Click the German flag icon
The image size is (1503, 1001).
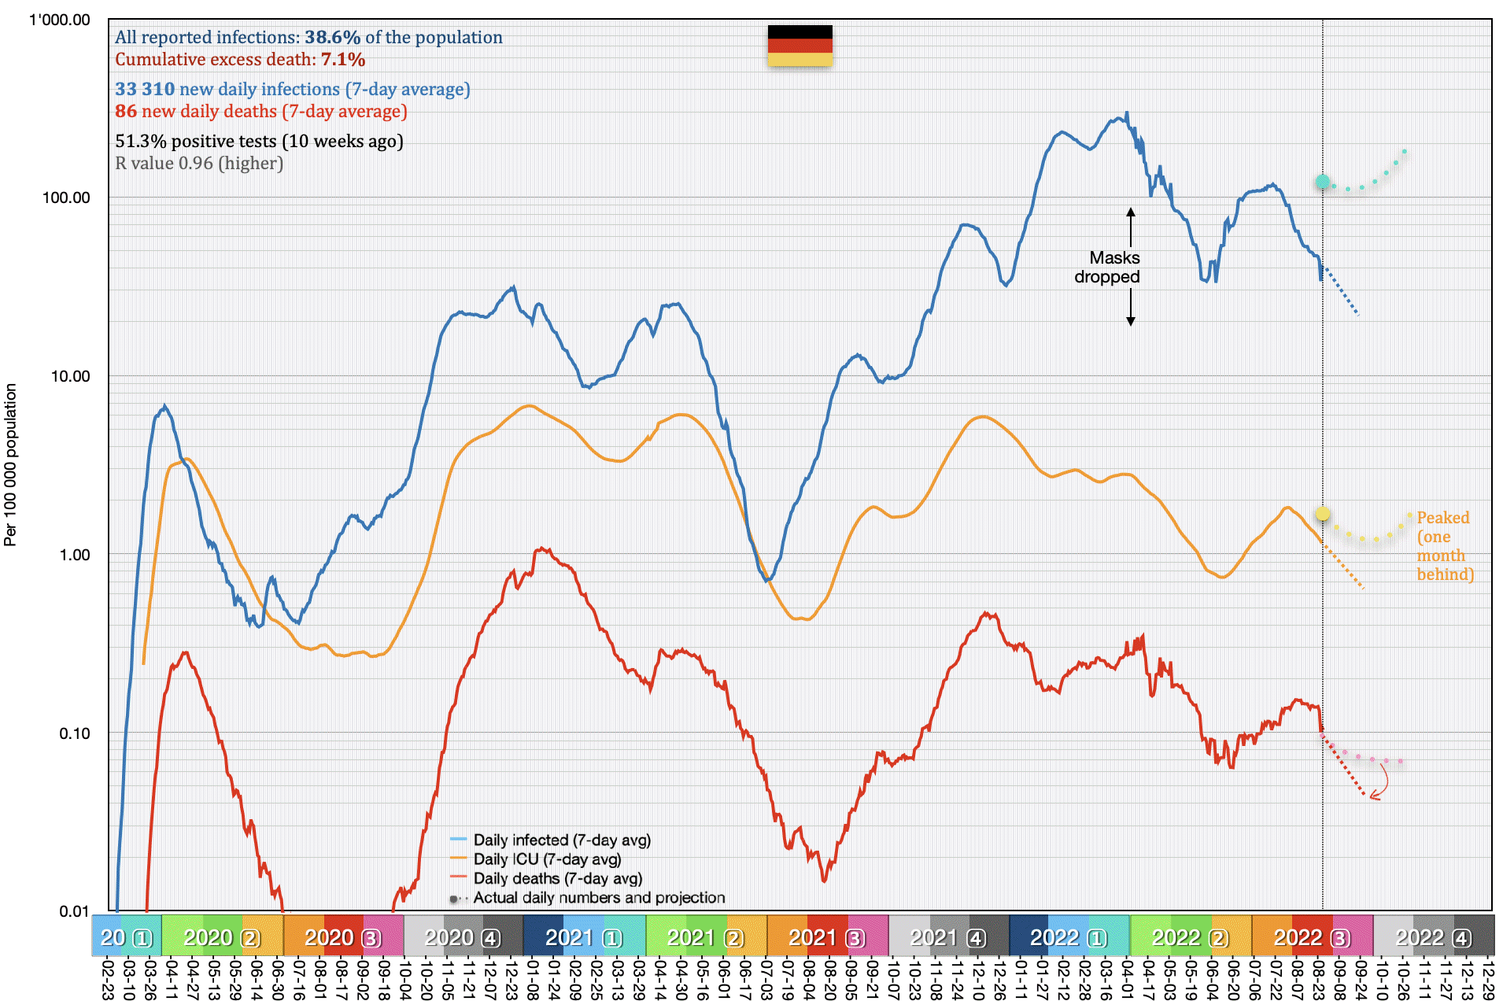point(800,46)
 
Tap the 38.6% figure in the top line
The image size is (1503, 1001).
point(332,37)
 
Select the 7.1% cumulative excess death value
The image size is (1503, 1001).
point(342,59)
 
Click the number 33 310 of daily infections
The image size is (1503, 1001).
point(145,89)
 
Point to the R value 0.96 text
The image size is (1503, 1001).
point(199,163)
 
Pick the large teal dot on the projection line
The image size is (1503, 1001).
point(1323,182)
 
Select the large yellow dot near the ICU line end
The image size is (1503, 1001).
point(1323,514)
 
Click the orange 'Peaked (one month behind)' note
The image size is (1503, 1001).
point(1445,545)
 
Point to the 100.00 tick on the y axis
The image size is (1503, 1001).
point(66,198)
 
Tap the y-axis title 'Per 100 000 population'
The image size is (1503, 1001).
point(10,464)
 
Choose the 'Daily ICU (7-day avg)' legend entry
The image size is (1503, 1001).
point(547,859)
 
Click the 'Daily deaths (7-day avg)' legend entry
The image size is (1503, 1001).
point(557,878)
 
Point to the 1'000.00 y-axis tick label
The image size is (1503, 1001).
point(60,20)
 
